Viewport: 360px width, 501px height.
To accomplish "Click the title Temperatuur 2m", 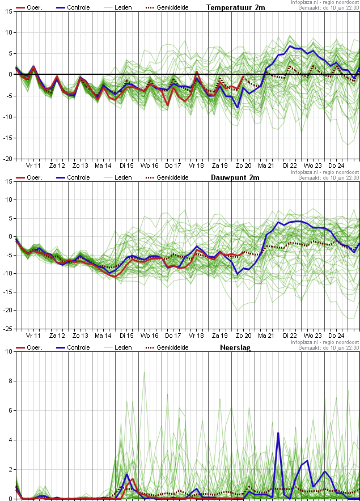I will point(235,7).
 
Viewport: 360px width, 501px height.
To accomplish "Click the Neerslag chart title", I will point(235,347).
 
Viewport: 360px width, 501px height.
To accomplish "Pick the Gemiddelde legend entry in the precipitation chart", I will point(172,347).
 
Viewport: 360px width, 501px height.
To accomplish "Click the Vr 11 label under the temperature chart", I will point(33,165).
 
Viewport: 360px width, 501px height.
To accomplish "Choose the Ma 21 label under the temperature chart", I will point(266,165).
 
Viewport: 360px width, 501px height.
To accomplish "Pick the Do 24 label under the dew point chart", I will point(336,336).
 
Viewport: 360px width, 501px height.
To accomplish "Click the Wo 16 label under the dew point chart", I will point(150,336).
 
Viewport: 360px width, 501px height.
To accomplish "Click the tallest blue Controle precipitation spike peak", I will point(278,433).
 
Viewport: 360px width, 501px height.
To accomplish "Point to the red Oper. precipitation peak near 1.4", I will point(133,479).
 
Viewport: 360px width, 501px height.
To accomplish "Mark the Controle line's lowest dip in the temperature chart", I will point(238,107).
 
